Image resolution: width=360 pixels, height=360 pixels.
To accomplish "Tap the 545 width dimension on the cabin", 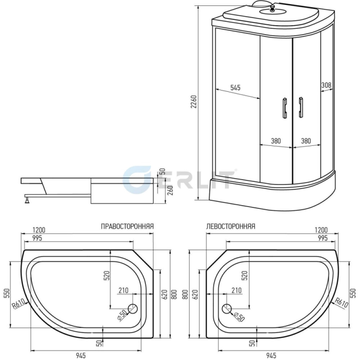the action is (235, 87).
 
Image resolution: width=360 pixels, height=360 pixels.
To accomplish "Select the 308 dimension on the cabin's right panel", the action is (326, 85).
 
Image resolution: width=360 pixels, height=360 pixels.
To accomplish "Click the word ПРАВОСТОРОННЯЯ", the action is (127, 226).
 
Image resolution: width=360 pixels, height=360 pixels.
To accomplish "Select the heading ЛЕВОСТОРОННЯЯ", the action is (231, 226).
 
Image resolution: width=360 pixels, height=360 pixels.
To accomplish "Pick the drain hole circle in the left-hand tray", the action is (227, 309).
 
